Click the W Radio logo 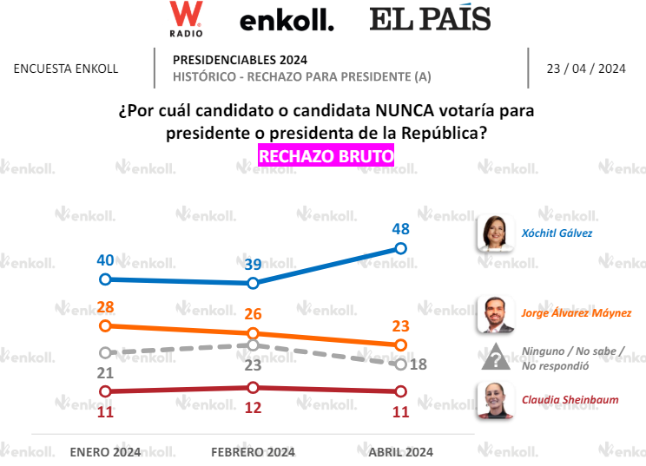click(x=187, y=19)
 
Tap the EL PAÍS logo click(x=430, y=19)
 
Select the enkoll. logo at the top click(x=287, y=22)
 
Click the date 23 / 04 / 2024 click(x=586, y=69)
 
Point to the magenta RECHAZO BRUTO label click(x=326, y=155)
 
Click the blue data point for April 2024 click(x=401, y=248)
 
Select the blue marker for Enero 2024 click(x=105, y=279)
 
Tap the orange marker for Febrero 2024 click(x=253, y=333)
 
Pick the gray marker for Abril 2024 click(x=401, y=364)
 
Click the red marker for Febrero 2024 click(x=253, y=387)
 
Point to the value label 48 click(x=400, y=229)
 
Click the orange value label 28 click(x=105, y=306)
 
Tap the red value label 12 click(x=253, y=407)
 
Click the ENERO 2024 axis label click(x=105, y=451)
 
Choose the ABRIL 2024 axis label click(x=400, y=451)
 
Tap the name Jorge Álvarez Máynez click(x=576, y=313)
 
